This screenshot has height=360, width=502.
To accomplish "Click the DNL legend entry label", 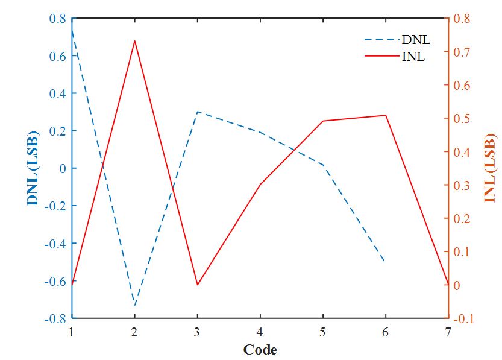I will coord(416,40).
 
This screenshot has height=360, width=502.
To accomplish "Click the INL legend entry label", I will coord(413,58).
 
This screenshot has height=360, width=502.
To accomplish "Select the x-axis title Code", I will coord(260,350).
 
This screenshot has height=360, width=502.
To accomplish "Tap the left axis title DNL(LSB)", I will coord(33,168).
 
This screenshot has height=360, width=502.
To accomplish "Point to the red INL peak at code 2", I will coord(134,40).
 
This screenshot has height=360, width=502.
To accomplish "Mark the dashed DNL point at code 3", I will coord(197,112).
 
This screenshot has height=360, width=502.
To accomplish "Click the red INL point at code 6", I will coord(385,115).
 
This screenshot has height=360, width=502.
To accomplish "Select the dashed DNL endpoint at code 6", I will coord(385,261).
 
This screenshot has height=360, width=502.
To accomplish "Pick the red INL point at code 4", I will coord(260,184).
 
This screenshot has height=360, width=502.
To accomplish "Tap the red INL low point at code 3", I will coord(197,285).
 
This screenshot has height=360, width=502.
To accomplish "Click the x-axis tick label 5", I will coord(322,332).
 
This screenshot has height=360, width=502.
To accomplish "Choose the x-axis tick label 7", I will coord(448,332).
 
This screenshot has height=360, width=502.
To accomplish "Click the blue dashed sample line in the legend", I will coord(381,40).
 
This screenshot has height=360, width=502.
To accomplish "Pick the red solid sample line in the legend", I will coord(381,58).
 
